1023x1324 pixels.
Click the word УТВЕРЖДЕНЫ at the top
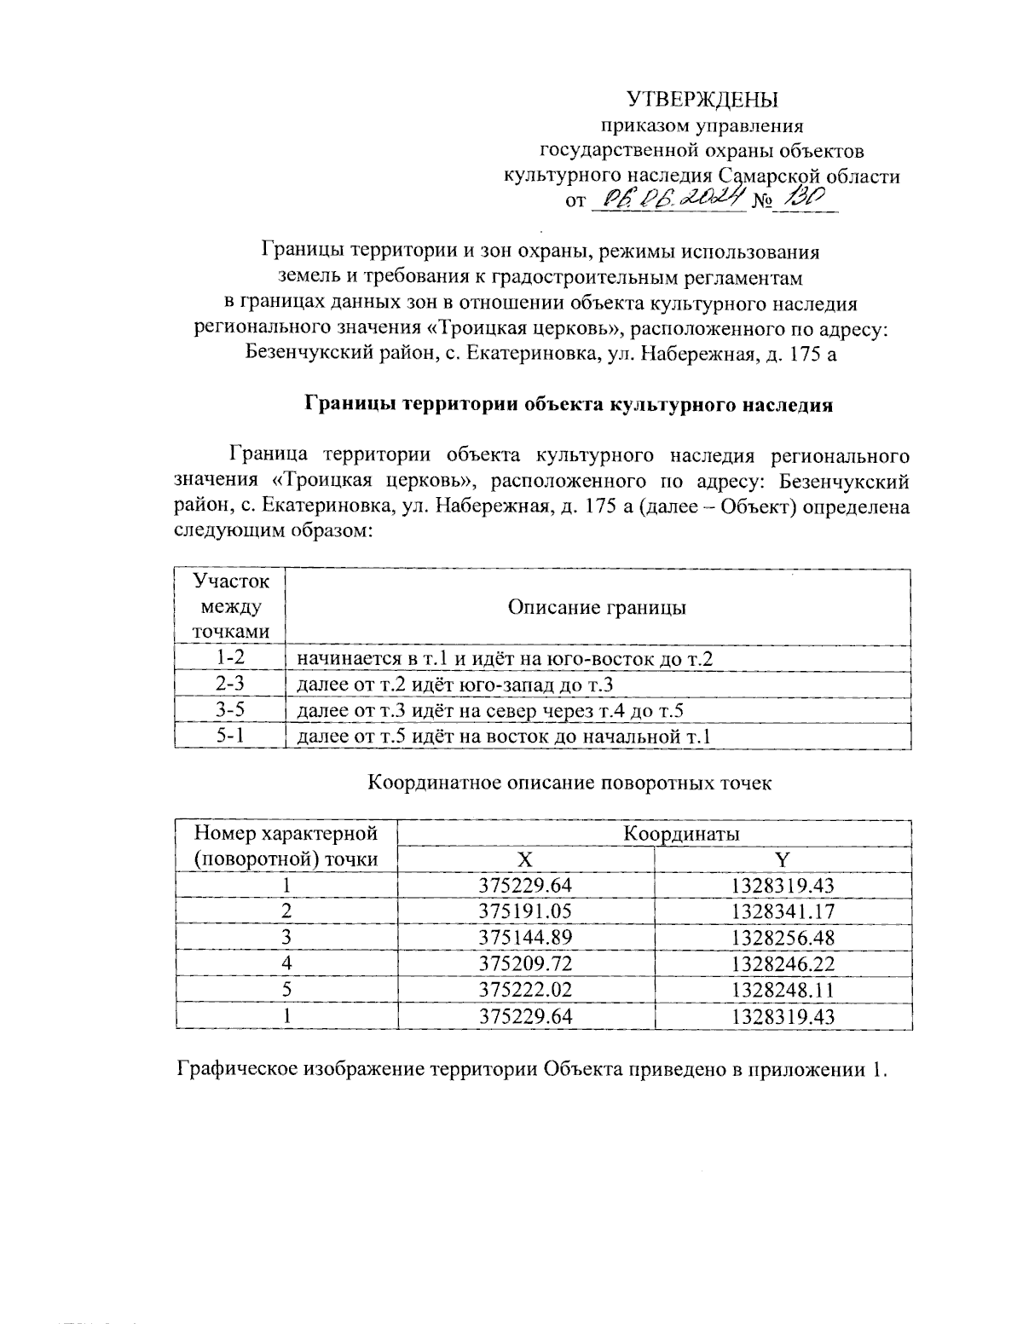(x=702, y=100)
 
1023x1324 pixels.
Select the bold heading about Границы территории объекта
(x=569, y=405)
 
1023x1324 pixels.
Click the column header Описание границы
(x=597, y=607)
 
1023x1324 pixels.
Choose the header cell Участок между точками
(x=230, y=606)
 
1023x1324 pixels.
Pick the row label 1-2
(x=230, y=657)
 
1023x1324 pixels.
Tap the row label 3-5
(x=230, y=709)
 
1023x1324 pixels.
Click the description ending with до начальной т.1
(x=503, y=736)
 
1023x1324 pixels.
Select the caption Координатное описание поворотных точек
(x=569, y=783)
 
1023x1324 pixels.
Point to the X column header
(x=526, y=859)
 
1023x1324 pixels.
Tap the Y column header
(x=783, y=859)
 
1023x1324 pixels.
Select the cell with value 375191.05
(x=526, y=911)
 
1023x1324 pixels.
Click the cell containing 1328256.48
(x=783, y=938)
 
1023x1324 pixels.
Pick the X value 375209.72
(x=526, y=964)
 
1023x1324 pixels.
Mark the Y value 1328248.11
(x=783, y=990)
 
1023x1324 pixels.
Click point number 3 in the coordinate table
(x=286, y=938)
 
